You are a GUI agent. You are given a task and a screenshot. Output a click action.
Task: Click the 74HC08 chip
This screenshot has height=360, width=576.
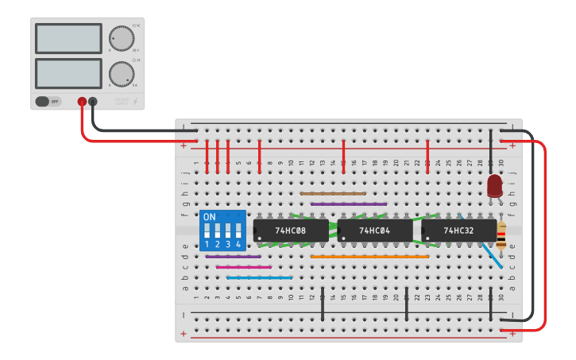point(291,230)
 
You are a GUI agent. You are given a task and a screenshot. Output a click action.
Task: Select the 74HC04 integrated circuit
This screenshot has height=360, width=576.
point(375,230)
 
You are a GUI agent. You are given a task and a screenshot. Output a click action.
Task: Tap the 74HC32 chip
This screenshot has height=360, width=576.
point(459,230)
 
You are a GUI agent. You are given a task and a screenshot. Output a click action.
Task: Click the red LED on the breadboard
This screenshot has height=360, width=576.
point(495,186)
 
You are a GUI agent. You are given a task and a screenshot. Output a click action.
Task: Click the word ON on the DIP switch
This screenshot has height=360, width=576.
point(210,217)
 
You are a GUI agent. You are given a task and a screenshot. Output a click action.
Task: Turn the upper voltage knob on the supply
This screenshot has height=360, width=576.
point(121,38)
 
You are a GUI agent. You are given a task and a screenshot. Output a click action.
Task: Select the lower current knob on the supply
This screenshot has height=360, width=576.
point(121,73)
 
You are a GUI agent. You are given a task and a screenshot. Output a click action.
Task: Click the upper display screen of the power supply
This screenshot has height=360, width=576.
point(68,38)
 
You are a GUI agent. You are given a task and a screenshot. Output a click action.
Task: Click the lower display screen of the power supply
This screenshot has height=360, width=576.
point(68,73)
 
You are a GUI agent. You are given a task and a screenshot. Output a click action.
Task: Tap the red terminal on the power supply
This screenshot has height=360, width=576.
point(82,102)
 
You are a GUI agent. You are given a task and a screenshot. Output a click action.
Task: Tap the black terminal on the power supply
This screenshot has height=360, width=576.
point(93,102)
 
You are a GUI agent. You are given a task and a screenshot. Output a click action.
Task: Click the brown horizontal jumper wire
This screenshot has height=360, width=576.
point(333,193)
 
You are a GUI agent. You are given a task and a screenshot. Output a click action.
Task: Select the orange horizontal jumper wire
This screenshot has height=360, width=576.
point(369,257)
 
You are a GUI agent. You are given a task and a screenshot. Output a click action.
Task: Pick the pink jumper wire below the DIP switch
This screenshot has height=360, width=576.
point(243,267)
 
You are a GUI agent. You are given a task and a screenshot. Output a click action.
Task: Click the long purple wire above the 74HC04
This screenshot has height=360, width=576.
point(349,204)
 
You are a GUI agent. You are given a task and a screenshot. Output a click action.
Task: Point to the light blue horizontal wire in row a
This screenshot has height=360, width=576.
point(259,277)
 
